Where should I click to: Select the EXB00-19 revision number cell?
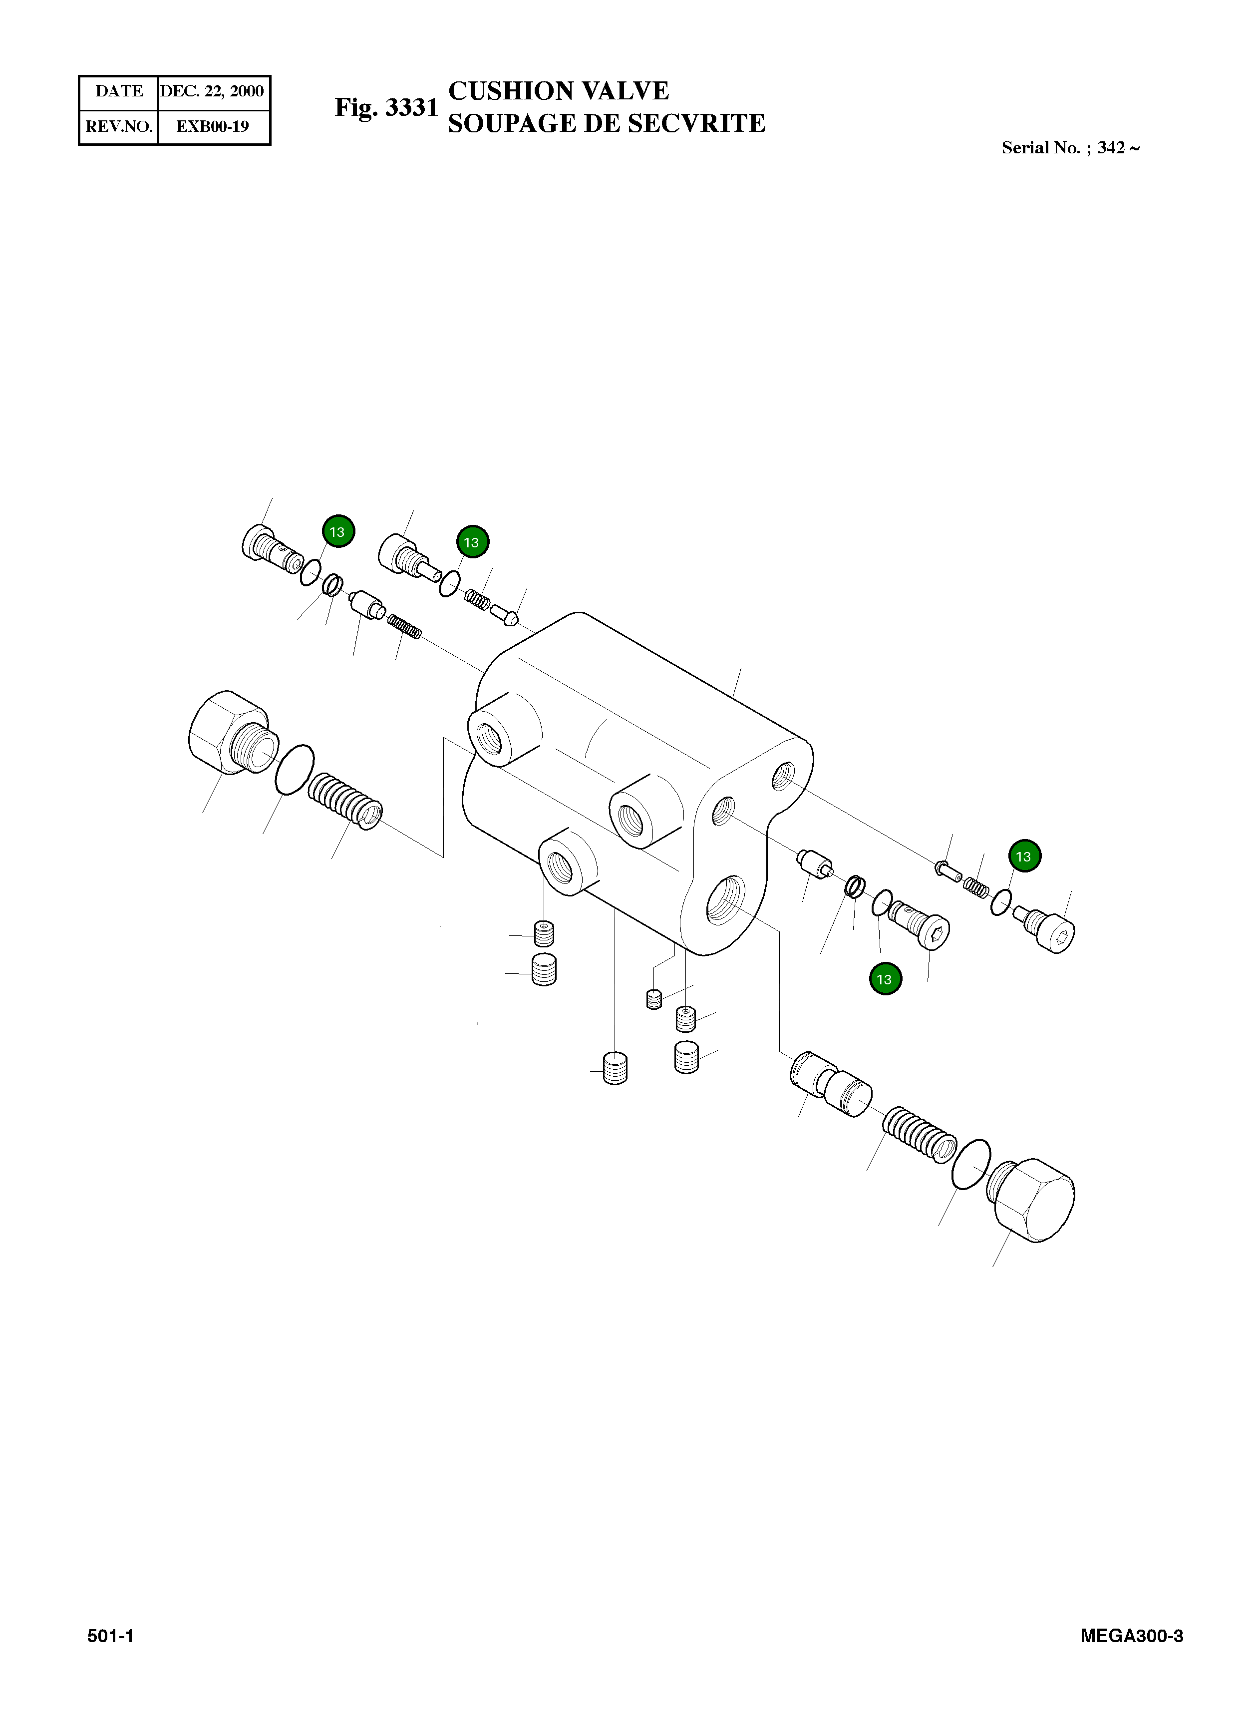(x=213, y=126)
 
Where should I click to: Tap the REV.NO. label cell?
(x=119, y=126)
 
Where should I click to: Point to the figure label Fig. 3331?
(x=386, y=107)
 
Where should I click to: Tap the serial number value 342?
(x=1111, y=148)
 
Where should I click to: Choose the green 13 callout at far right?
(x=1023, y=856)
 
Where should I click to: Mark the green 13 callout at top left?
(x=337, y=532)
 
